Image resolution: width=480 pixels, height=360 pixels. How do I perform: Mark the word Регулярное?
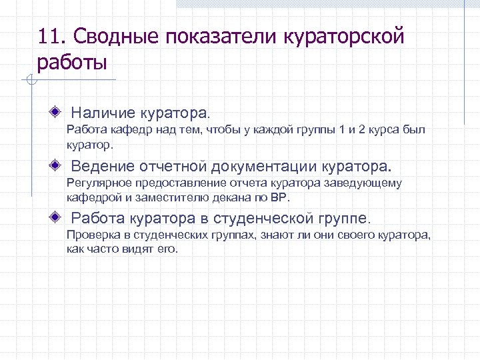coord(101,183)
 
